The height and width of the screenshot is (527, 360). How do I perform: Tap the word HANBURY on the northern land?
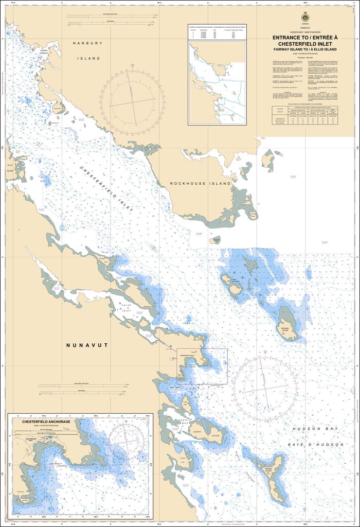[85, 44]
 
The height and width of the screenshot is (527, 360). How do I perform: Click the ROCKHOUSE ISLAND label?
[194, 184]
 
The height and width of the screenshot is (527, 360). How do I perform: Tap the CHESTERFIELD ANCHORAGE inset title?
[42, 421]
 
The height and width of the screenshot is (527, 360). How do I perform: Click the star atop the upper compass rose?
[133, 65]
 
